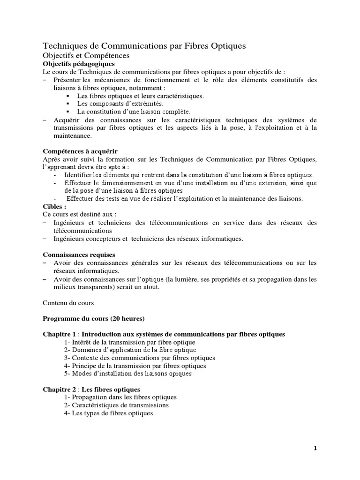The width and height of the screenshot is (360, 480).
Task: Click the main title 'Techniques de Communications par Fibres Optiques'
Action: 144,46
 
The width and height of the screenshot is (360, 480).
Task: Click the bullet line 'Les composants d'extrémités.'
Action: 120,103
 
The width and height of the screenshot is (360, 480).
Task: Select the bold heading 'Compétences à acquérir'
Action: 80,151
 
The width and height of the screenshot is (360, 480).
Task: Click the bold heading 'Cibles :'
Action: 54,206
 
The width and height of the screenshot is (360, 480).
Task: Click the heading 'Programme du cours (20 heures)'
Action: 90,318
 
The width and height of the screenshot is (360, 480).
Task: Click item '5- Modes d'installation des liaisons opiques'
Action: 128,374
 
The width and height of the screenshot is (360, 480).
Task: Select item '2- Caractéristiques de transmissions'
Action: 117,405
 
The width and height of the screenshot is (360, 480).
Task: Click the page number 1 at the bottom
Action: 315,448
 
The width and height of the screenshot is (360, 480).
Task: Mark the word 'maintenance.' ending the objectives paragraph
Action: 73,136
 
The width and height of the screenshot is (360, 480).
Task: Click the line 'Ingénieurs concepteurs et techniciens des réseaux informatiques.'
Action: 149,239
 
